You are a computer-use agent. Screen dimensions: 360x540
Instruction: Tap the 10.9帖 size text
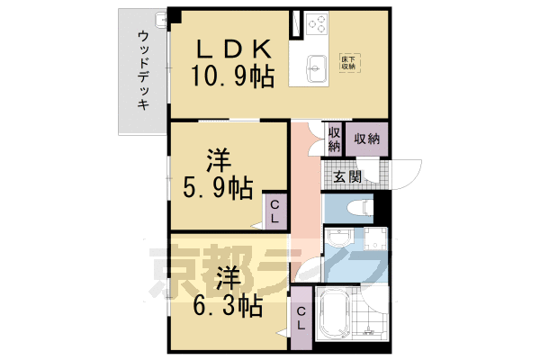tap(231, 76)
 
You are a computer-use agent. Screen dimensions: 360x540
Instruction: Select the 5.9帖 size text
tap(217, 189)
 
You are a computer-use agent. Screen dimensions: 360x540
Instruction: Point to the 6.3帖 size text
tap(228, 305)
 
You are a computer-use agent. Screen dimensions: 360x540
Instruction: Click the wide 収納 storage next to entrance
tap(366, 139)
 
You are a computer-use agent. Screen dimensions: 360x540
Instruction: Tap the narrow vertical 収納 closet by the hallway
tap(333, 139)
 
